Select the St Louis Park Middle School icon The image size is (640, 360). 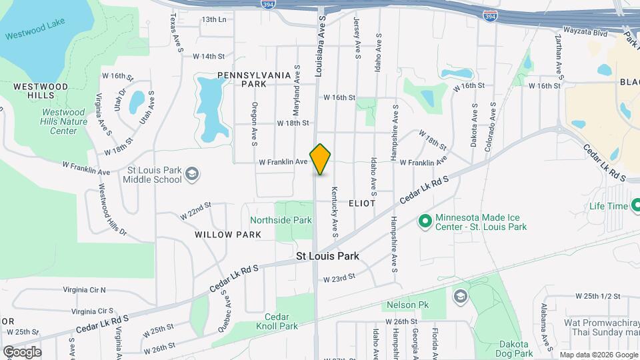click(192, 173)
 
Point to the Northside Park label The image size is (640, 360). click(281, 220)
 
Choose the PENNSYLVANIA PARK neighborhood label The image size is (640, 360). click(254, 79)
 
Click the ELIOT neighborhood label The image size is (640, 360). click(361, 203)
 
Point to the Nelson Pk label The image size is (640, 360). click(402, 305)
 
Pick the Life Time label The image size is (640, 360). click(609, 206)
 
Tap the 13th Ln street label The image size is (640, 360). click(214, 19)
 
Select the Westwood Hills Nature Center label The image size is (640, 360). click(64, 122)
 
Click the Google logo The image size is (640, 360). click(22, 351)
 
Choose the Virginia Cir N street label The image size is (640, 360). click(84, 290)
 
